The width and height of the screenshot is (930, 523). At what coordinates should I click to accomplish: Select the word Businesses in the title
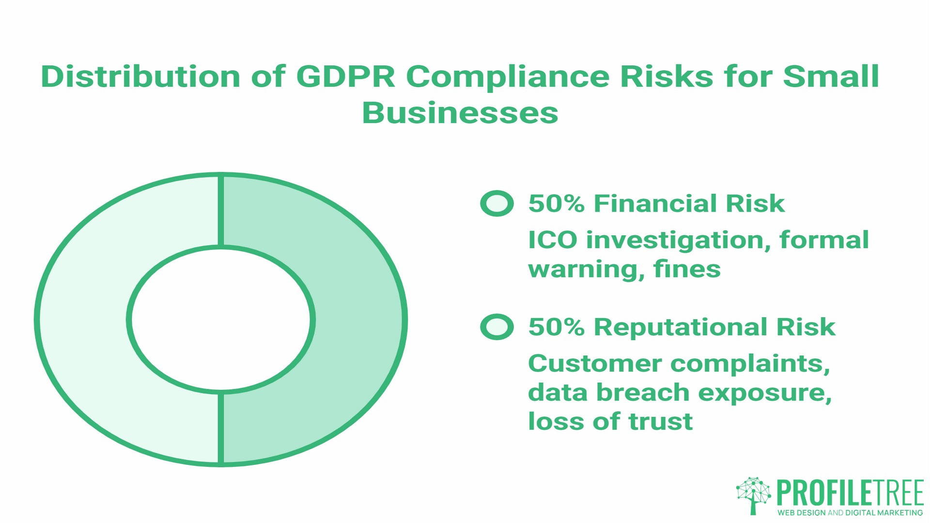460,113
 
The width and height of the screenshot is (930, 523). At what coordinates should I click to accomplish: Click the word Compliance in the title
507,77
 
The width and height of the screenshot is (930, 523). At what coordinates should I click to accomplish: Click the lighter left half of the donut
82,320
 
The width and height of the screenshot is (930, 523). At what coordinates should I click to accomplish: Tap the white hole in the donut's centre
221,320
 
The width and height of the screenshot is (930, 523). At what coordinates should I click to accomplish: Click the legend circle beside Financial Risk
496,203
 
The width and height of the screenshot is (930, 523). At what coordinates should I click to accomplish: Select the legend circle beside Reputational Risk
496,327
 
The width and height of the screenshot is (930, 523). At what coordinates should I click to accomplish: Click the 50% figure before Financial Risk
556,203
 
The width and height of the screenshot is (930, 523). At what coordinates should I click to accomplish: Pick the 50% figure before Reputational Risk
556,327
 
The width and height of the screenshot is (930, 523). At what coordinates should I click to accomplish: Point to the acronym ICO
552,240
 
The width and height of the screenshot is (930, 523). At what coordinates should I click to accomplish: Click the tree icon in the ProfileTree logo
753,495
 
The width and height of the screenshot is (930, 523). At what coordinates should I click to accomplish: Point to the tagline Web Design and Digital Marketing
850,512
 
